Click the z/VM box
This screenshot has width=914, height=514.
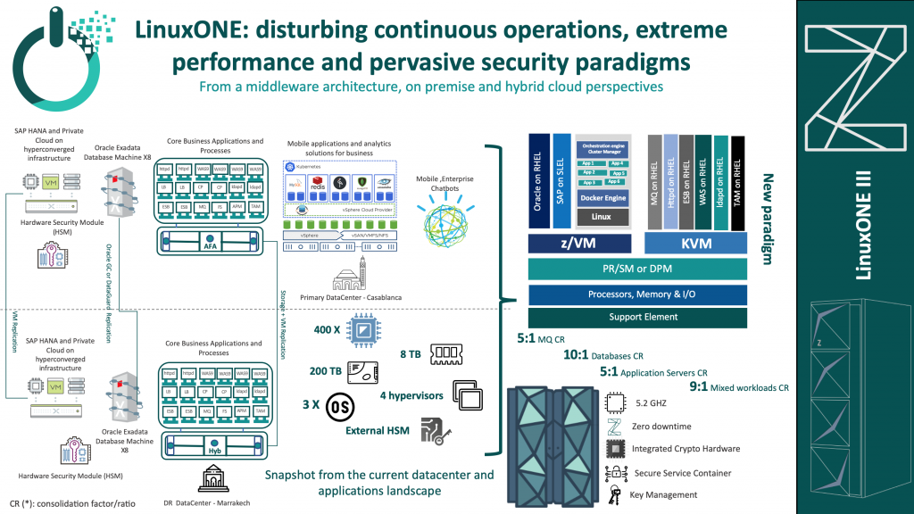(578, 244)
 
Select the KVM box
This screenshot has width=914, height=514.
(695, 244)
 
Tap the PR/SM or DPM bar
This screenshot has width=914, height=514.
(637, 269)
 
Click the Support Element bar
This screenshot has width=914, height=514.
(637, 317)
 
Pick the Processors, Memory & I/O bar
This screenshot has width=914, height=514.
(637, 294)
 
